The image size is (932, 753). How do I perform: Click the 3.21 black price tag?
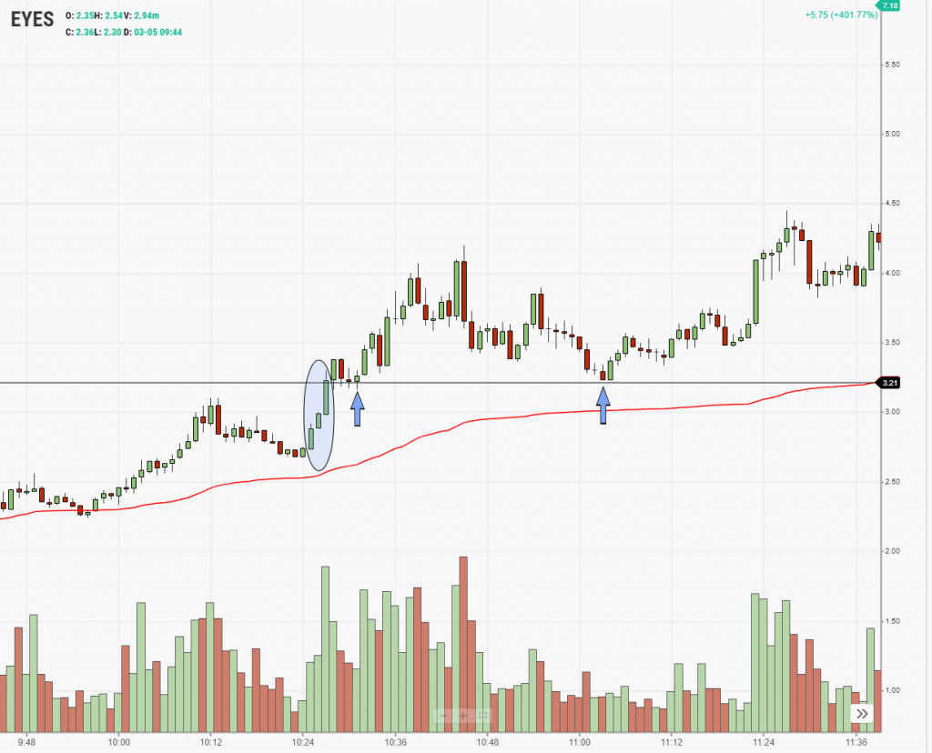pyautogui.click(x=889, y=383)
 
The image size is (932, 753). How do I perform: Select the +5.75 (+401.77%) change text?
pyautogui.click(x=841, y=15)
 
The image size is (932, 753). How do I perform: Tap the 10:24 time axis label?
pyautogui.click(x=303, y=742)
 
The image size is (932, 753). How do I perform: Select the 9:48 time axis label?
pyautogui.click(x=27, y=742)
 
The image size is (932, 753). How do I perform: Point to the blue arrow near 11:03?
pyautogui.click(x=603, y=406)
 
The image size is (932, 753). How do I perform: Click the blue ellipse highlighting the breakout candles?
pyautogui.click(x=318, y=415)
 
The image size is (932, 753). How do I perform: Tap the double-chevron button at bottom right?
pyautogui.click(x=861, y=715)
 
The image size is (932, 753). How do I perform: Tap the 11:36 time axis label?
pyautogui.click(x=855, y=742)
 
